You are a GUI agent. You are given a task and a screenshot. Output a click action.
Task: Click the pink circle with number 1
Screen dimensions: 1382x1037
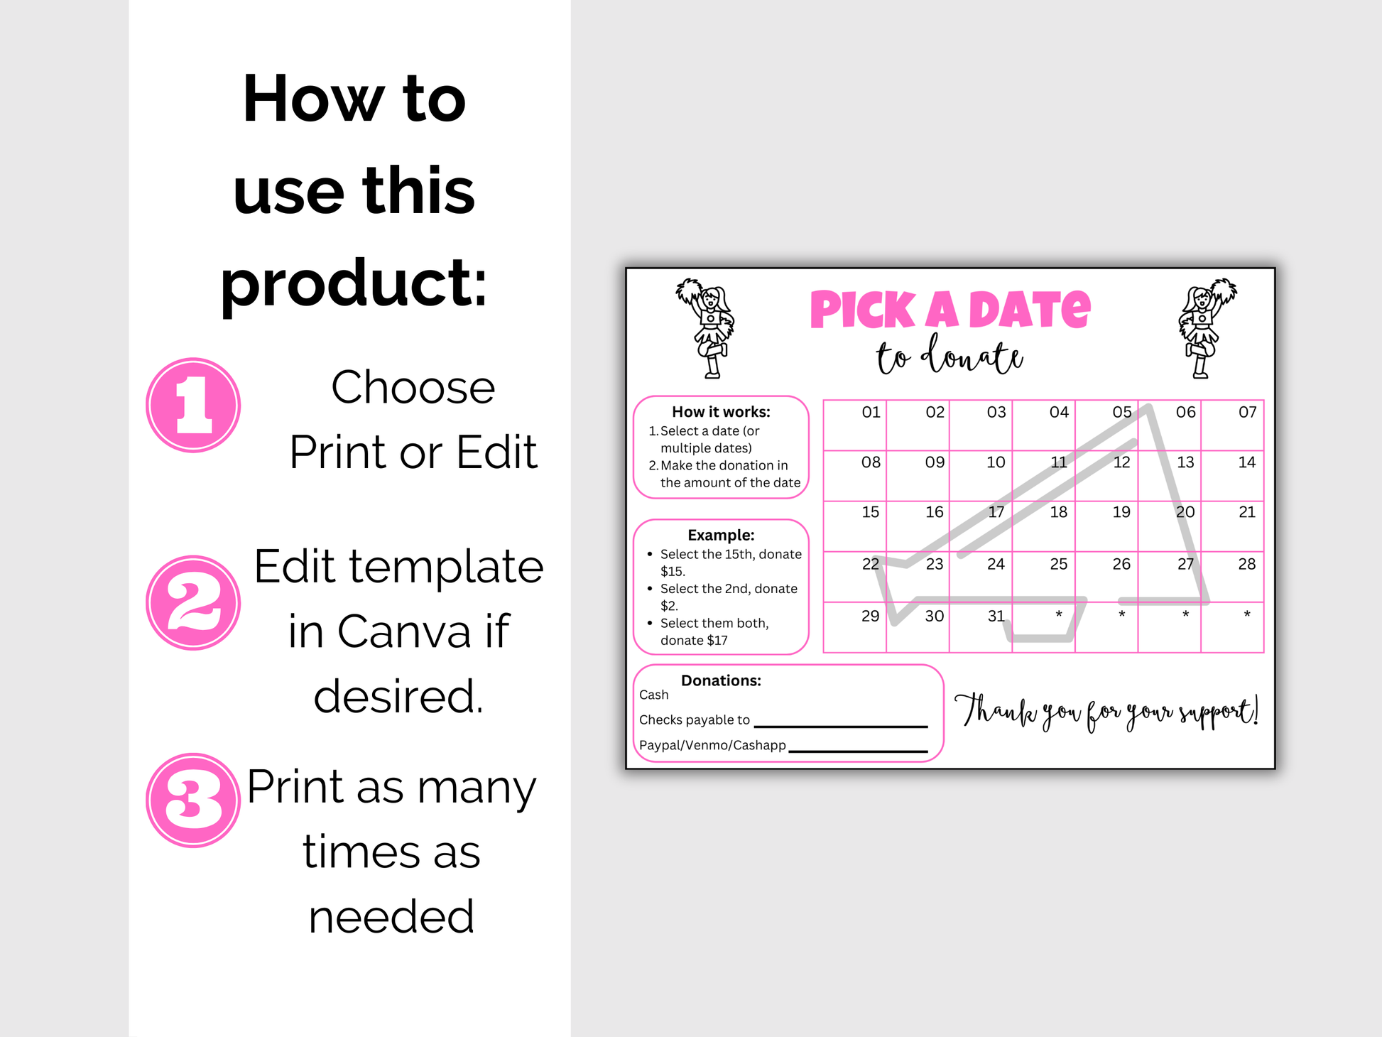193,405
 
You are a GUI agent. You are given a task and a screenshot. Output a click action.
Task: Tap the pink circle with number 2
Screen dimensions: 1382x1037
193,602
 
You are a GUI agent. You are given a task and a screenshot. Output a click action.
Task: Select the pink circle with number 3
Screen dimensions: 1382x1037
193,800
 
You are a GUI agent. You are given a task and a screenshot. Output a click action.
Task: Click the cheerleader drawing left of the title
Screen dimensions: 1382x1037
706,327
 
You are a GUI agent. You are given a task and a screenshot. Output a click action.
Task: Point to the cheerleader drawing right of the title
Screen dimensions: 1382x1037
1207,327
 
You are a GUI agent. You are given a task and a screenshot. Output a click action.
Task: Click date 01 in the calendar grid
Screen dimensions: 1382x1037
871,412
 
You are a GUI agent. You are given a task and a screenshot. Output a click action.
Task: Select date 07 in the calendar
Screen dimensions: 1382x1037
1247,412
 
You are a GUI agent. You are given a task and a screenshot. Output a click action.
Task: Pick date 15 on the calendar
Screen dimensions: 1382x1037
870,512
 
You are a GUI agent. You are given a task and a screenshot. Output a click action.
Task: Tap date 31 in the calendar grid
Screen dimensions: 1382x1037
996,616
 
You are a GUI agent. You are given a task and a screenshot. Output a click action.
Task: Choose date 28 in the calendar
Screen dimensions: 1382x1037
1246,564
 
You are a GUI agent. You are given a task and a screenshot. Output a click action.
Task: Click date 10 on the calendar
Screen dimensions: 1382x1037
996,462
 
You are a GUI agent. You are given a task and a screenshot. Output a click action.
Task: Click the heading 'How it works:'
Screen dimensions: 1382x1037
721,412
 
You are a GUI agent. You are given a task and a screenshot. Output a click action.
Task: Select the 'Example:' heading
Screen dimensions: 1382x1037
721,535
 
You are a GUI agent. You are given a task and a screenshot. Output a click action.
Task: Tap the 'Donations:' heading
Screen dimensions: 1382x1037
721,680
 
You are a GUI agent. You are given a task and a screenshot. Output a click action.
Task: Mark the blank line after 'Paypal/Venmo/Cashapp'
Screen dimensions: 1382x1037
858,751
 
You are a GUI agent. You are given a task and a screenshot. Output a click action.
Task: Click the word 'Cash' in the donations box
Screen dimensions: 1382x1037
653,695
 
